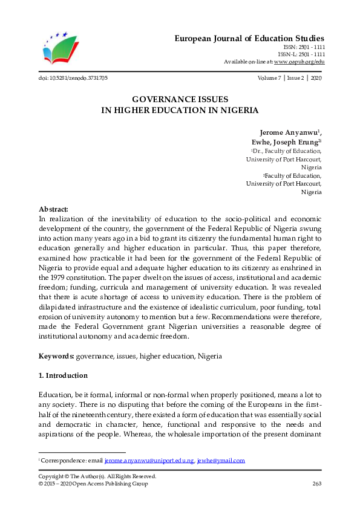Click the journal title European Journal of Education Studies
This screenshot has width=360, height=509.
click(249, 38)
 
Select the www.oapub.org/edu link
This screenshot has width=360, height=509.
click(299, 62)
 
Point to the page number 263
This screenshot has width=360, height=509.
click(316, 484)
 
